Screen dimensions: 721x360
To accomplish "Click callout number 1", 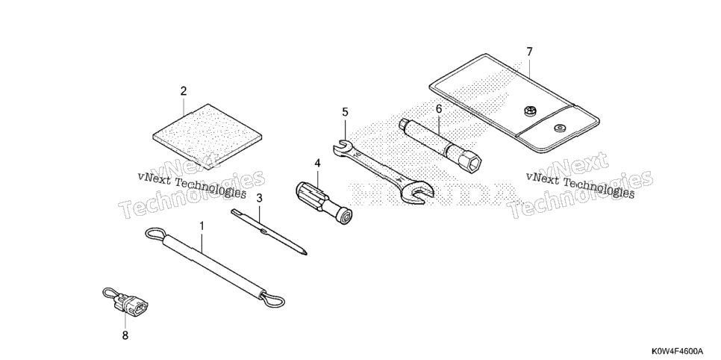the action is click(202, 226).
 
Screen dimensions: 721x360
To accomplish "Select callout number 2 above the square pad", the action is click(184, 91).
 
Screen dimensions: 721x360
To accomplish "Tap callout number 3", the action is click(259, 199).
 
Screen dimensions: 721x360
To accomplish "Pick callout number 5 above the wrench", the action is click(346, 112).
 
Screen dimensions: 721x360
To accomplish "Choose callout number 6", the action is click(439, 109).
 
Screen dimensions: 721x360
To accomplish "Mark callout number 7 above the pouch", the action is click(529, 52).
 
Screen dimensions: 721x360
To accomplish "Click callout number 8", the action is click(125, 335).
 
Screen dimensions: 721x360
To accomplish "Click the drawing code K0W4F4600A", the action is click(677, 351).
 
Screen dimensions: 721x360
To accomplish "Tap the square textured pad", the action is click(207, 137).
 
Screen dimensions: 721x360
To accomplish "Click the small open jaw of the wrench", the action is click(341, 146).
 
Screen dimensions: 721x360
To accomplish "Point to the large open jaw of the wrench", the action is click(417, 192).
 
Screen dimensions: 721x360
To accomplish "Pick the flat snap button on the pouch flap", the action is click(560, 128).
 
